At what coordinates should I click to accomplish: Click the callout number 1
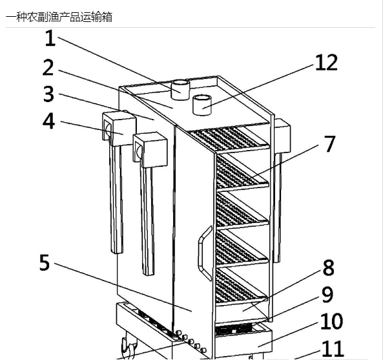[50, 38]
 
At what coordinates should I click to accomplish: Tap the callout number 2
[48, 67]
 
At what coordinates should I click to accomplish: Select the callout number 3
[48, 94]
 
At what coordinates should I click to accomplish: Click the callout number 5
[45, 262]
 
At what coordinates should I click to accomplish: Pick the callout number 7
[329, 144]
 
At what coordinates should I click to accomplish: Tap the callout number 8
[329, 268]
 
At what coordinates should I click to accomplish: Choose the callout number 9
[327, 295]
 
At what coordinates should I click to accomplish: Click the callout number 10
[331, 321]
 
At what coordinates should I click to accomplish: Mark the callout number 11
[333, 349]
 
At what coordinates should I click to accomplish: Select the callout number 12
[326, 63]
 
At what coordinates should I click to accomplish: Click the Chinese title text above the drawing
[59, 17]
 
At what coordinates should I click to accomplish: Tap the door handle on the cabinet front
[204, 253]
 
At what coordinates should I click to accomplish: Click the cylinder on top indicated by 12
[202, 105]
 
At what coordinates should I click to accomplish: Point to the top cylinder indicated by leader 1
[180, 90]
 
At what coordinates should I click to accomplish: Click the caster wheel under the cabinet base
[129, 347]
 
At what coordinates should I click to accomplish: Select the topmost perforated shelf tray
[229, 138]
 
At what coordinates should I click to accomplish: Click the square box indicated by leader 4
[119, 129]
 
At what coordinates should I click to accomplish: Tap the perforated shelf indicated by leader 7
[242, 173]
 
